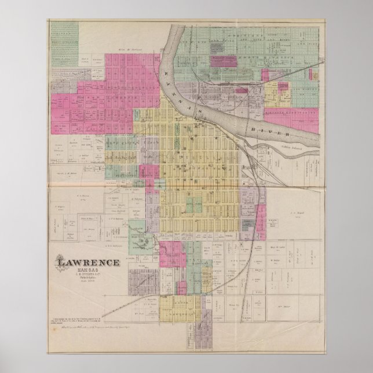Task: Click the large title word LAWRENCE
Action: coord(88,262)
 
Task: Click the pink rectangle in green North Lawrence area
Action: coord(222,61)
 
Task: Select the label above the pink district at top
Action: coord(132,50)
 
